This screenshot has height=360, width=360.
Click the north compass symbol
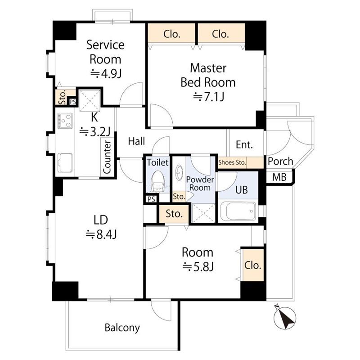pos(285,318)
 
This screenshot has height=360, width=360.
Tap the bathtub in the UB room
pos(238,211)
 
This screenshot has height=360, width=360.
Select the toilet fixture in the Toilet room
pos(158,181)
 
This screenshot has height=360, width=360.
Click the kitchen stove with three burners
pos(65,121)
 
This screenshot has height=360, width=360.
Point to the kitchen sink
pos(65,163)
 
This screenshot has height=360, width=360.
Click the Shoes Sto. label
pos(232,162)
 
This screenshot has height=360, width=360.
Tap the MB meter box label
pos(279,177)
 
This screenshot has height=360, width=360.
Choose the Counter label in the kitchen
pos(107,157)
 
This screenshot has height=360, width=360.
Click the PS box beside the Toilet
pos(151,199)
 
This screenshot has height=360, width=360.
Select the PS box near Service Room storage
pos(72,102)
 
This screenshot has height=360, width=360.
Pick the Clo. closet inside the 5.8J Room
pos(253,265)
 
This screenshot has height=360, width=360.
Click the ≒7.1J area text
pos(208,97)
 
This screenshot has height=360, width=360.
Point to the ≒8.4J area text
pos(101,234)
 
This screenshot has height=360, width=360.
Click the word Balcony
pos(122,328)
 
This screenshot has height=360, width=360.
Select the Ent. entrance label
pos(244,144)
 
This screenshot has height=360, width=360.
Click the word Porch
pos(280,162)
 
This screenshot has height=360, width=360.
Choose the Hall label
pos(136,141)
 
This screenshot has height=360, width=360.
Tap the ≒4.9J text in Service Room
pos(106,74)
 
